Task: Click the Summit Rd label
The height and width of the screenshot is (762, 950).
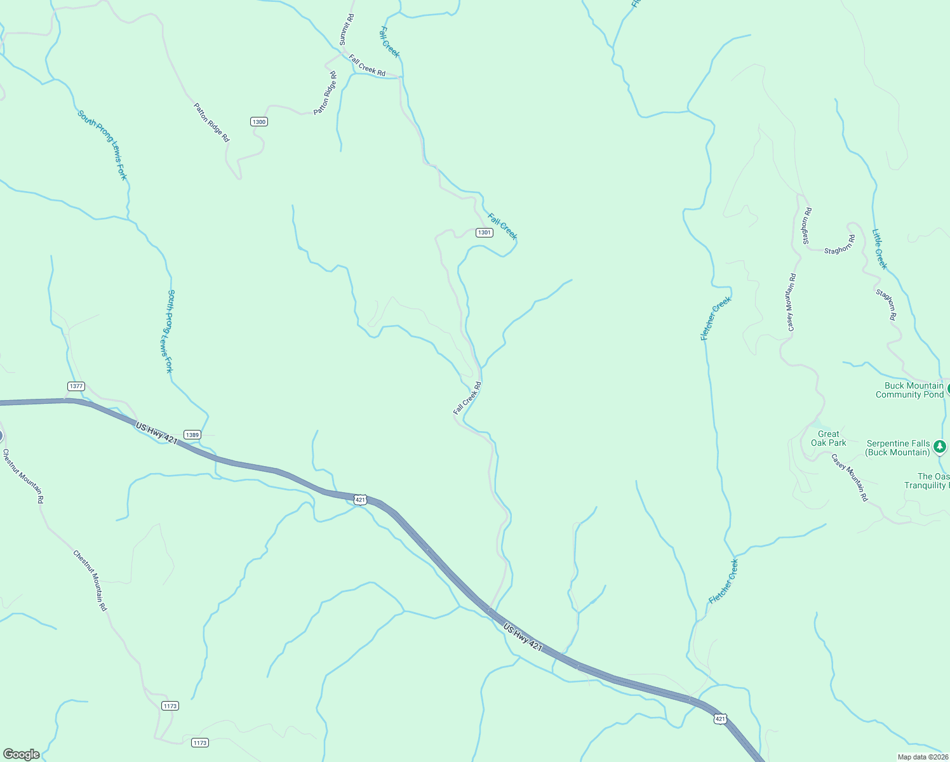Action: [x=346, y=29]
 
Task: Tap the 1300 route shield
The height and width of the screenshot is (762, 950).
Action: [x=258, y=122]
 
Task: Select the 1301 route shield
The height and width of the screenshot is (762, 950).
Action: [x=485, y=233]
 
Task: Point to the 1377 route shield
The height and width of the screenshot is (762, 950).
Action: [x=76, y=386]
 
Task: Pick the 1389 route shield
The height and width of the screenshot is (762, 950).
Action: [x=192, y=435]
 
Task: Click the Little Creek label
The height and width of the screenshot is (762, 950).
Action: [x=880, y=250]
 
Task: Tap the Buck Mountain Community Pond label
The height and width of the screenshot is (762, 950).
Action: [x=909, y=390]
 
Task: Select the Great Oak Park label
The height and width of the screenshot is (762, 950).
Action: [x=828, y=438]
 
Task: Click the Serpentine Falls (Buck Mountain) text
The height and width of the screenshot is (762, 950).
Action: [x=898, y=448]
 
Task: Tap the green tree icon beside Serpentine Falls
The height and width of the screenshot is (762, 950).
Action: [x=940, y=447]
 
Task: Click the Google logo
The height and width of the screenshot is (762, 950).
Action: [x=21, y=754]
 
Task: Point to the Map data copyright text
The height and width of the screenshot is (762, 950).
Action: [x=923, y=757]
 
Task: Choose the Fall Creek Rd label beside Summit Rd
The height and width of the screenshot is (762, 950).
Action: [x=367, y=65]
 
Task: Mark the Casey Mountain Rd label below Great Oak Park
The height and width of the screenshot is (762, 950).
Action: [x=850, y=478]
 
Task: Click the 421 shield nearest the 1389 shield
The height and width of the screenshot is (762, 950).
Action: [x=360, y=500]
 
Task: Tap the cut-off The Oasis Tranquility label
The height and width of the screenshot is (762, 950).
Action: [x=927, y=481]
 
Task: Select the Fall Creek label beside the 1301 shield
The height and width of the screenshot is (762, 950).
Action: [x=502, y=227]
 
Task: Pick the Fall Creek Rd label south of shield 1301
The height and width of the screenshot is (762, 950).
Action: [x=467, y=398]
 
